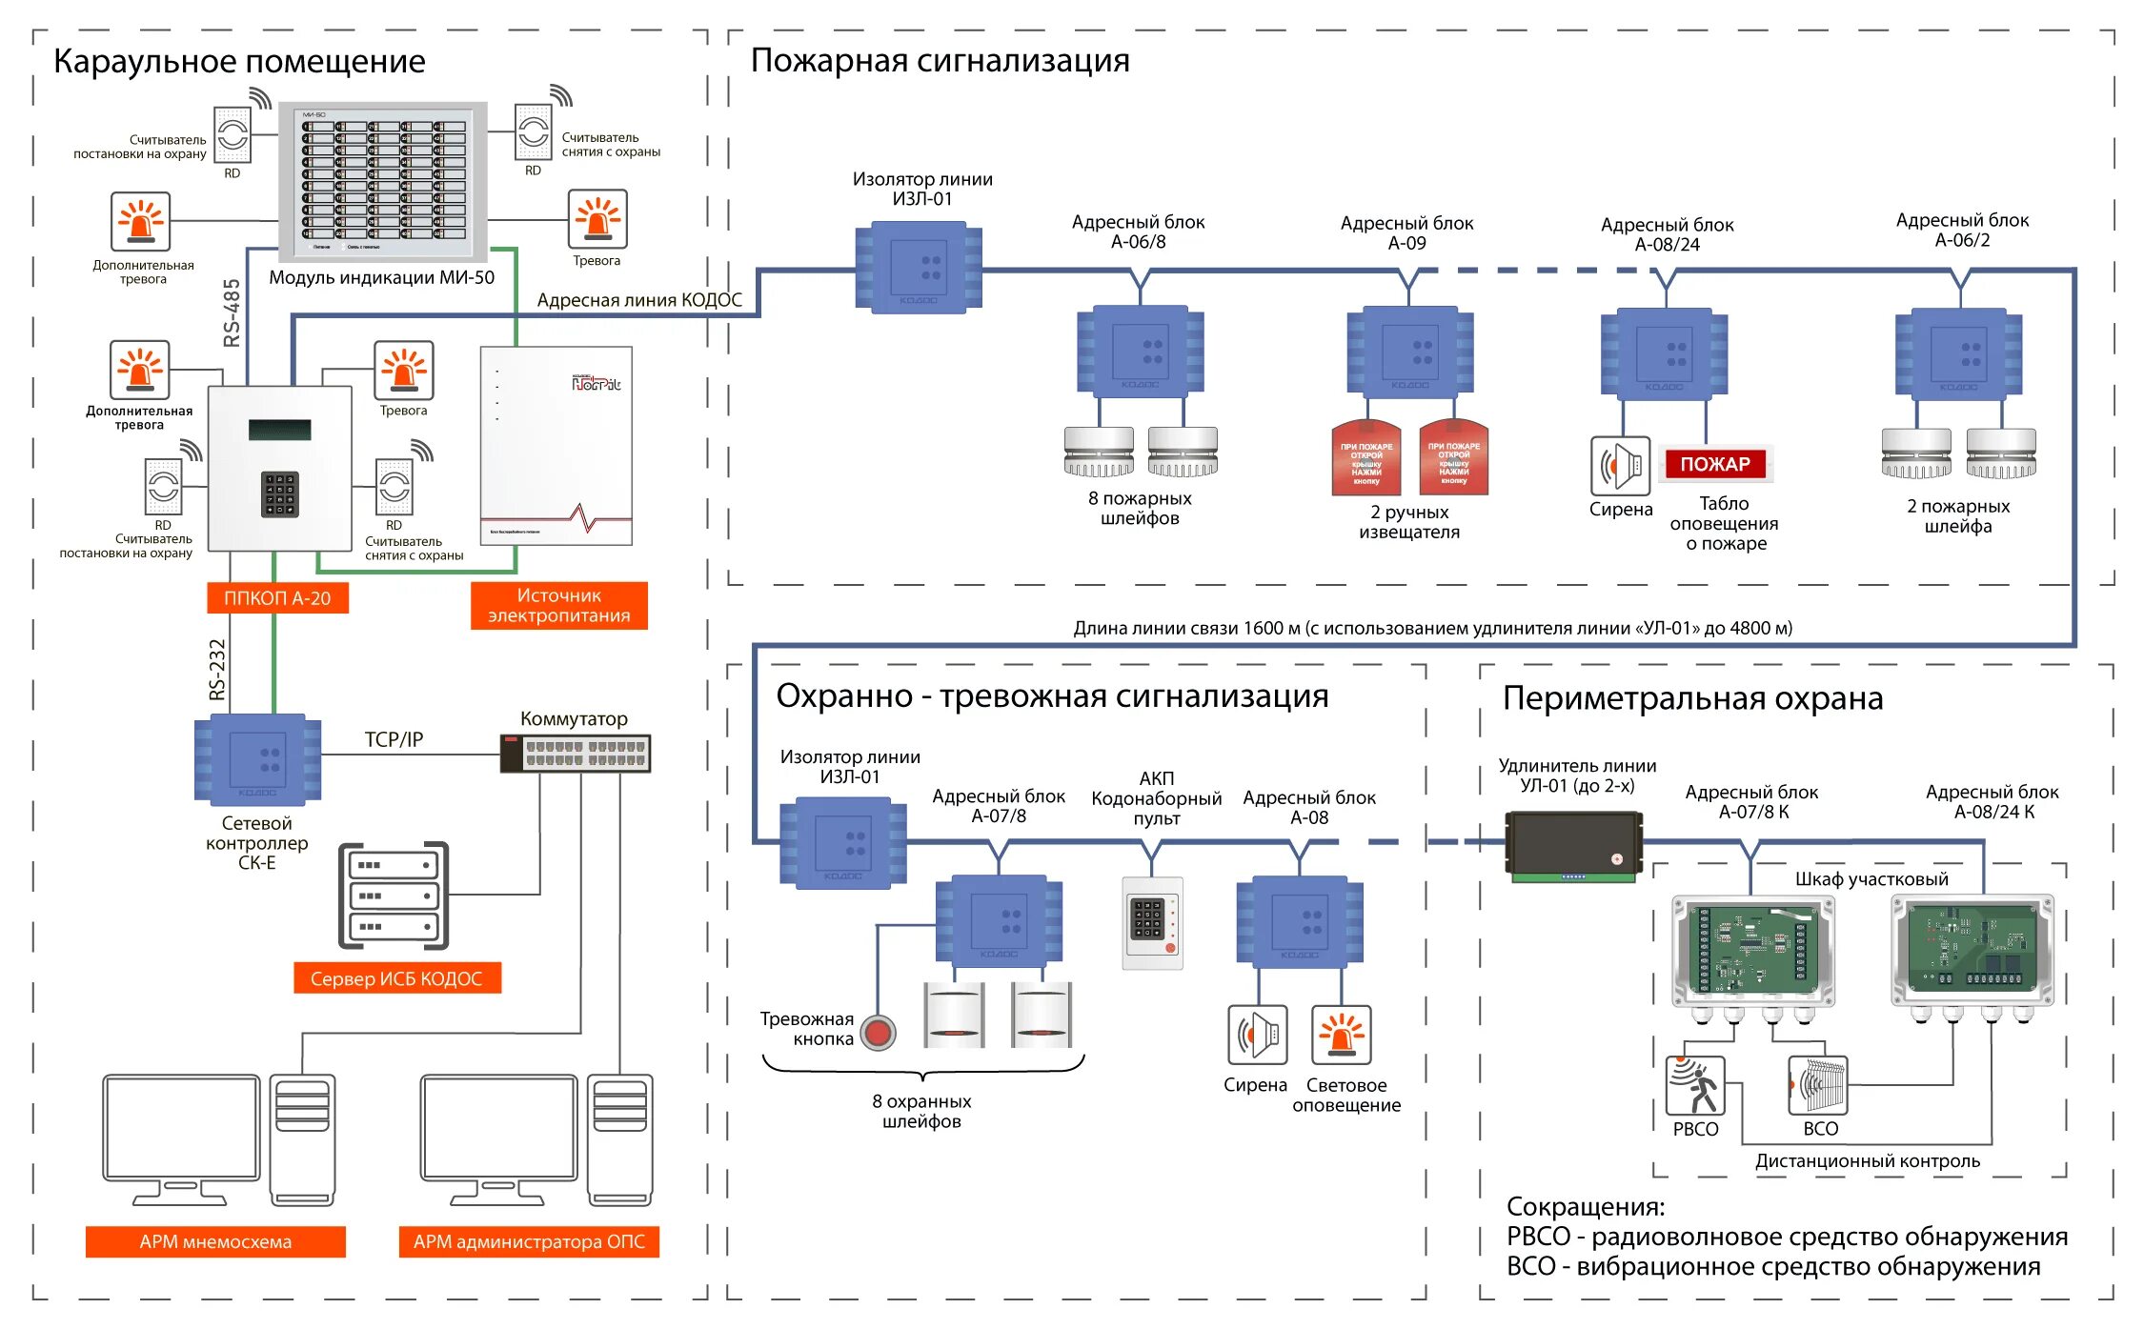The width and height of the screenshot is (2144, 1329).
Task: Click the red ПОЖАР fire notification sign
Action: point(1715,464)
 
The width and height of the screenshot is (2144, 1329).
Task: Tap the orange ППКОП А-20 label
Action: point(277,598)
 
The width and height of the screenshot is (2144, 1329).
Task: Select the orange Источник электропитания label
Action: point(559,606)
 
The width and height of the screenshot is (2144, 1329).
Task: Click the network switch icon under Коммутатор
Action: point(576,754)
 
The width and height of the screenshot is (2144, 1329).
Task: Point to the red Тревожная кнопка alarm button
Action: point(879,1033)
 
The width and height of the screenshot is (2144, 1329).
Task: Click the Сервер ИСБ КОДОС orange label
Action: point(396,978)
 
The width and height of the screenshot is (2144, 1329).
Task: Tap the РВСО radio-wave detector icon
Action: point(1695,1086)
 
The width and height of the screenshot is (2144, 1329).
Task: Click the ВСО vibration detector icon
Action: point(1818,1086)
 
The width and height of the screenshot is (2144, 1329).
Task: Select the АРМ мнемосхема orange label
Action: point(215,1241)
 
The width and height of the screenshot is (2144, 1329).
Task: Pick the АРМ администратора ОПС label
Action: point(529,1241)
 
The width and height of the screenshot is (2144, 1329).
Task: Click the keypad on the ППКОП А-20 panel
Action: point(280,494)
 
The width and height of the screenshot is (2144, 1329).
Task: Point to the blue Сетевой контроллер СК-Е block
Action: point(257,759)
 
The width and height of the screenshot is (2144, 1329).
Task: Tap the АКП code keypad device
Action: point(1152,923)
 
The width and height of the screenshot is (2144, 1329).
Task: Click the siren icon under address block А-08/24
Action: point(1620,466)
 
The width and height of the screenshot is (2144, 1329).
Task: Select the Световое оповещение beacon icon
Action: point(1342,1035)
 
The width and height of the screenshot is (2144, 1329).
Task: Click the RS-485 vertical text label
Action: point(232,313)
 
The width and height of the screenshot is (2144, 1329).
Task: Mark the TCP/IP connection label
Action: point(394,739)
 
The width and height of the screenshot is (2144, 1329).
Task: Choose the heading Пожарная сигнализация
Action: point(940,60)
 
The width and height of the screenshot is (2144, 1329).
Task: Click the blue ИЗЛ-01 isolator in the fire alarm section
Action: point(919,268)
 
